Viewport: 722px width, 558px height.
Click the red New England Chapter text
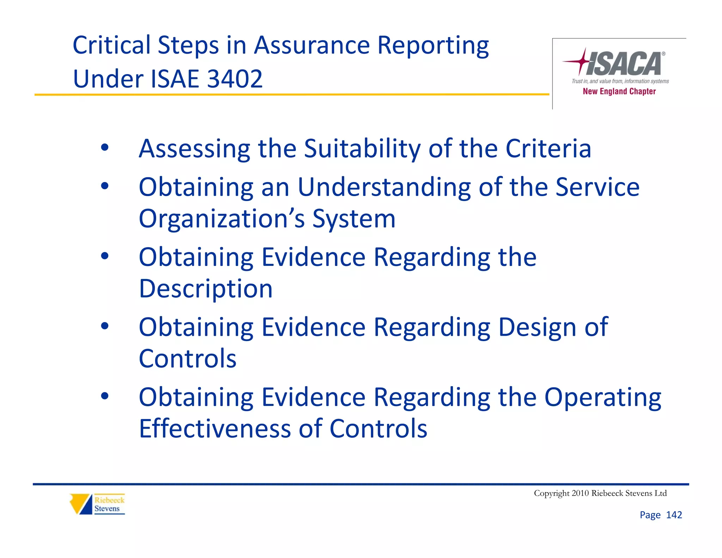[619, 91]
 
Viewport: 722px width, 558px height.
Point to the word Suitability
[362, 148]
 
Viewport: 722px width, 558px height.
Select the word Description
[206, 289]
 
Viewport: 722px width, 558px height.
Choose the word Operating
[602, 398]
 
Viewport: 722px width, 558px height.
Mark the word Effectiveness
[215, 429]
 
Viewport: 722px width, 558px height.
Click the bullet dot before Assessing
[105, 147]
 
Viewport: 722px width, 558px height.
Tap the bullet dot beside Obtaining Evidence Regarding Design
[105, 326]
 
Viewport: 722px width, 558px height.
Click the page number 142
[674, 515]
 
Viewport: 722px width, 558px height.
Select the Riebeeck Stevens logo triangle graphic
[81, 504]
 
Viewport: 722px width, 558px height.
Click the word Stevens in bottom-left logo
[107, 509]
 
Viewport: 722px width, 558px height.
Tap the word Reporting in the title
[433, 46]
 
